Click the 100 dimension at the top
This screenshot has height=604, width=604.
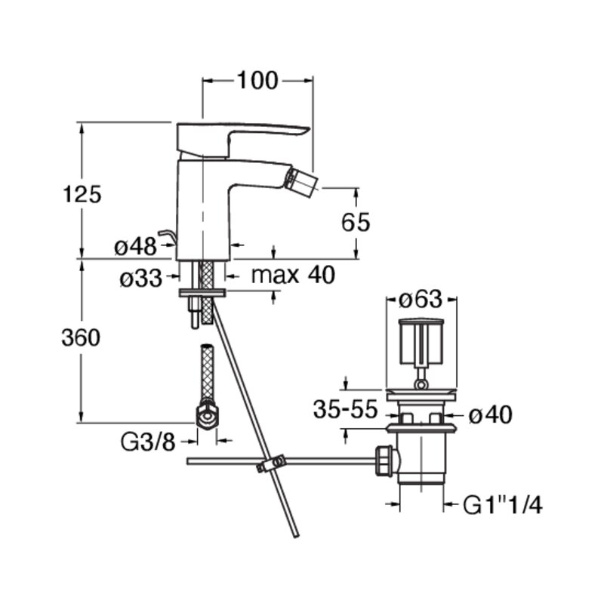[257, 81]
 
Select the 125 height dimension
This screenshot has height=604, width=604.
[82, 194]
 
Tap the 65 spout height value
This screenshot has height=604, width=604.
[356, 222]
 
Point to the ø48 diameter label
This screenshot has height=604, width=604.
[136, 246]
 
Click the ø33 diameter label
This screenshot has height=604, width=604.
[141, 278]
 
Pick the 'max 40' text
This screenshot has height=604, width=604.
[293, 275]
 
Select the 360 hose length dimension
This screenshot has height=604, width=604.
[81, 337]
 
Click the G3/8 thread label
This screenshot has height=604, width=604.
[148, 442]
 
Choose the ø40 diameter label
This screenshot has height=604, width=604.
[490, 414]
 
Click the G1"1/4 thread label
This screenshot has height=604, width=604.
[502, 505]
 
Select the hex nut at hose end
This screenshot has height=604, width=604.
[207, 415]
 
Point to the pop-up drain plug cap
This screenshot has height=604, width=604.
[421, 342]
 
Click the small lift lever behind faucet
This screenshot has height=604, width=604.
[168, 236]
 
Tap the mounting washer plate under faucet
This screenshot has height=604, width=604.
[202, 293]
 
